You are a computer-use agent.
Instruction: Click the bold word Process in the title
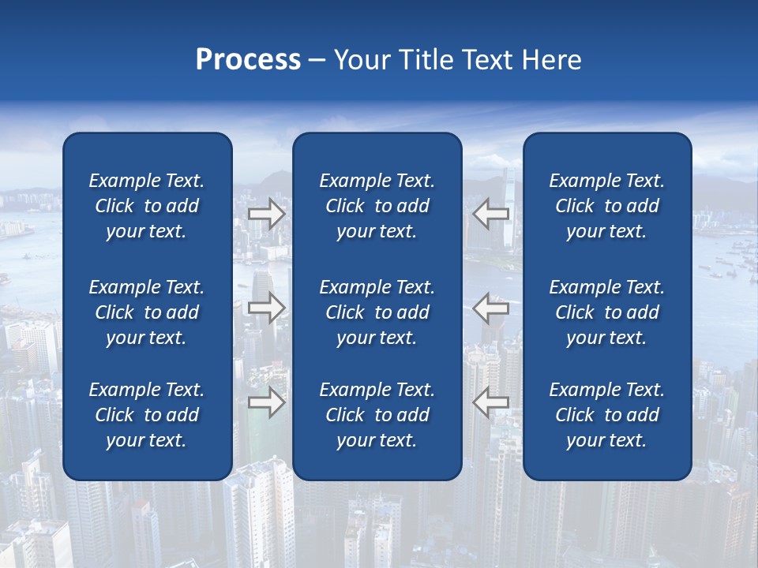[248, 60]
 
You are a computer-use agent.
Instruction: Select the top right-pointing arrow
[267, 214]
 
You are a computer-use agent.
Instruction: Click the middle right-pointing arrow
[267, 308]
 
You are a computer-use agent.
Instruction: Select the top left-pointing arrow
[490, 214]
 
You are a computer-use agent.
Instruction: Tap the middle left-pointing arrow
[490, 308]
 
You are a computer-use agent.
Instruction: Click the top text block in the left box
[147, 206]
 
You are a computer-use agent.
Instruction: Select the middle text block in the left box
[147, 312]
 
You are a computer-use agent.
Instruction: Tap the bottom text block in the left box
[147, 415]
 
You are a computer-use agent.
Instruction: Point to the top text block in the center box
[377, 206]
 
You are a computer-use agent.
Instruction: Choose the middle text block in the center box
[377, 312]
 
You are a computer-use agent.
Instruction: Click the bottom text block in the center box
[377, 415]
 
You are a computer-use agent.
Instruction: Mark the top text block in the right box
[607, 206]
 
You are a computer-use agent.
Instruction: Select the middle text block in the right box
[607, 312]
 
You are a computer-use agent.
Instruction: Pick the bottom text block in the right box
[607, 415]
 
